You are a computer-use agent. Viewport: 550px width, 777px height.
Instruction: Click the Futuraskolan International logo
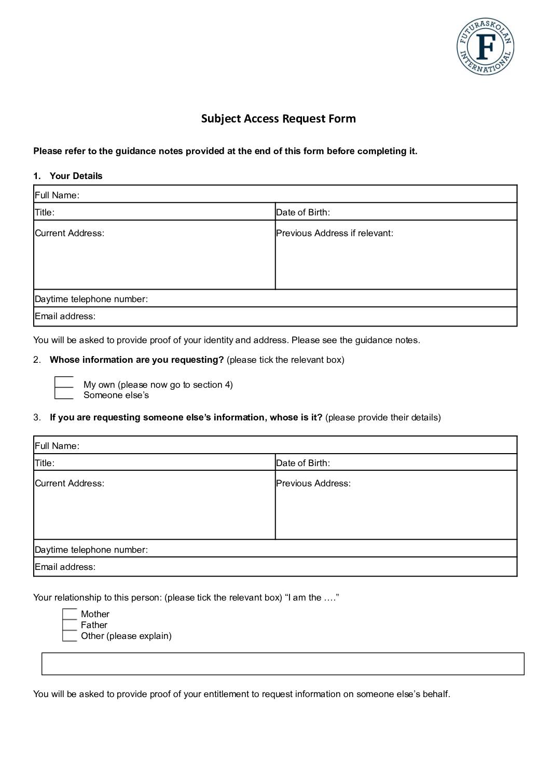coord(485,47)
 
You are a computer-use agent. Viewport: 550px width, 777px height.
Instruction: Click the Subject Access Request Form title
coord(278,118)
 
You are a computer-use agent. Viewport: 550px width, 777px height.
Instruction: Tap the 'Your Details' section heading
coord(76,176)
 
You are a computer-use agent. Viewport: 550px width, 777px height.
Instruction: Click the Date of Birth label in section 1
coord(303,212)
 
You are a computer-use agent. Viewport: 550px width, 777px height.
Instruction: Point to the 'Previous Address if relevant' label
coord(335,233)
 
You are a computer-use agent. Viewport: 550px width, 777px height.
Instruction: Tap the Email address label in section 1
coord(65,316)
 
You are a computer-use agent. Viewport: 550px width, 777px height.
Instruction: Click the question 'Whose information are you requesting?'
coord(136,360)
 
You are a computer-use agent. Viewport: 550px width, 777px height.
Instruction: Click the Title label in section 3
coord(45,463)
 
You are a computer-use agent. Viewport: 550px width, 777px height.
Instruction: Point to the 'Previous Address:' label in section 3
coord(313,483)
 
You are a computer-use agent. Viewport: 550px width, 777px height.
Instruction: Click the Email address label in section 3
coord(65,567)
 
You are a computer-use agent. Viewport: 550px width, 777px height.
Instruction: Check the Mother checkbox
coord(70,615)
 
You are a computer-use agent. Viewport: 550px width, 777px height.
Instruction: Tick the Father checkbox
coord(70,625)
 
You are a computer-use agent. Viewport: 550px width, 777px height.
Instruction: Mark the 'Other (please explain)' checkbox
coord(70,636)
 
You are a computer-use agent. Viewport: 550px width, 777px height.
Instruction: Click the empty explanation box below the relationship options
coord(283,664)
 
